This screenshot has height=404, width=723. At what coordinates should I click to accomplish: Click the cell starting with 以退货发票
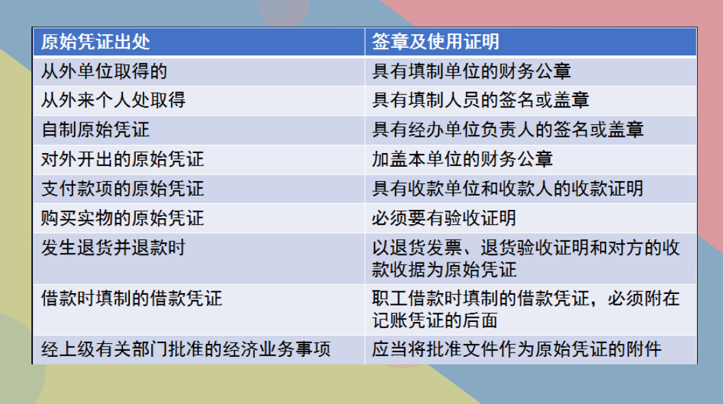[x=526, y=258]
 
